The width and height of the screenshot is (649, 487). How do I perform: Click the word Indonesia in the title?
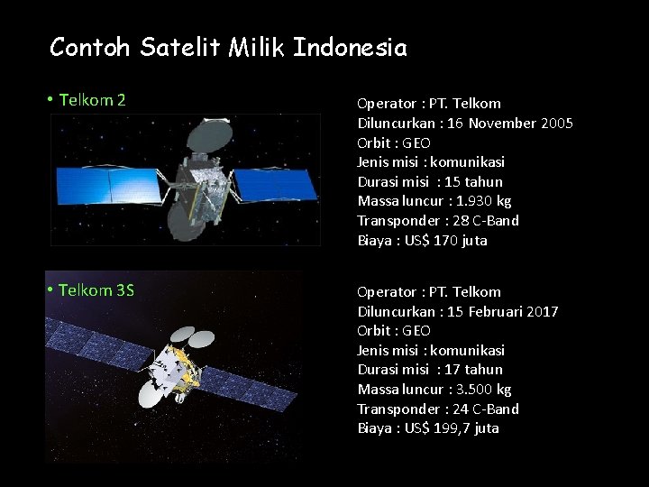pyautogui.click(x=350, y=47)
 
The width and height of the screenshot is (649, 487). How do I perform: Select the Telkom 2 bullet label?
pyautogui.click(x=92, y=100)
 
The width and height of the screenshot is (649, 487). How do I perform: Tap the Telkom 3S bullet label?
pyautogui.click(x=96, y=289)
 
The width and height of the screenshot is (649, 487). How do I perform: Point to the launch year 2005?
pyautogui.click(x=557, y=123)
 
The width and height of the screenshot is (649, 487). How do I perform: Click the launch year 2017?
pyautogui.click(x=543, y=311)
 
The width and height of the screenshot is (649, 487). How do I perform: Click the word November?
pyautogui.click(x=500, y=123)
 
